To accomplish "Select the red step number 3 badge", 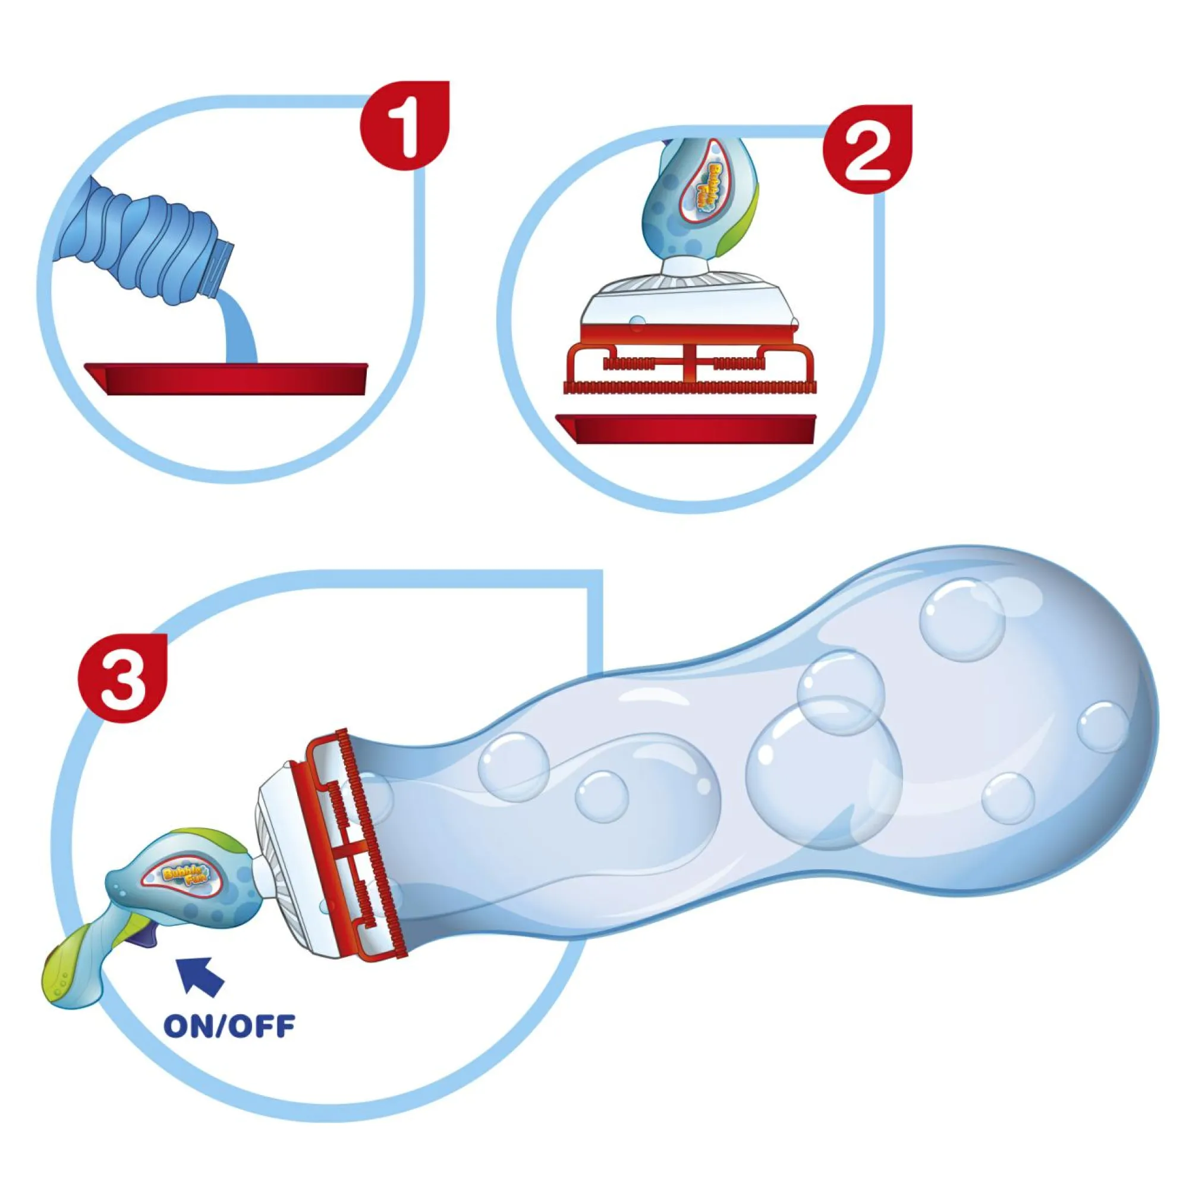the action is tap(122, 678).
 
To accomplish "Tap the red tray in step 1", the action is tap(227, 379).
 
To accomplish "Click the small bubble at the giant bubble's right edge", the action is tap(1103, 727).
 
